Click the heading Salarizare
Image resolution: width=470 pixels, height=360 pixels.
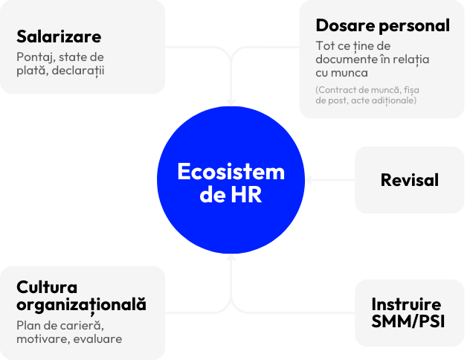pyautogui.click(x=59, y=36)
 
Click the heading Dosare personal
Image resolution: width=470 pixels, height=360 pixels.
pyautogui.click(x=382, y=25)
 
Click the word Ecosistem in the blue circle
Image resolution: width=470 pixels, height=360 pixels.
pyautogui.click(x=231, y=172)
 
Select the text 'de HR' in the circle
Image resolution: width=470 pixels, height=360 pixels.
pyautogui.click(x=231, y=196)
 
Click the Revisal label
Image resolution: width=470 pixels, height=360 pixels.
pyautogui.click(x=409, y=180)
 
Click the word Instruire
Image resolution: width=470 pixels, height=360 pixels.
pyautogui.click(x=406, y=304)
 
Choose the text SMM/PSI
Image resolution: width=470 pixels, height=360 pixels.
pyautogui.click(x=406, y=321)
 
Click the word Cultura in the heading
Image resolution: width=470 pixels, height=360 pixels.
pyautogui.click(x=47, y=286)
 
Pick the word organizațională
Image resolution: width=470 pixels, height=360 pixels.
pyautogui.click(x=81, y=304)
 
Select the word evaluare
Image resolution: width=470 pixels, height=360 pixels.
pyautogui.click(x=99, y=339)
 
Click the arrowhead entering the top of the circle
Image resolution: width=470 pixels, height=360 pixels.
pyautogui.click(x=231, y=101)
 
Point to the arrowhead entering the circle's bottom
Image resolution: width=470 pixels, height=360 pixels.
pyautogui.click(x=231, y=259)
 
